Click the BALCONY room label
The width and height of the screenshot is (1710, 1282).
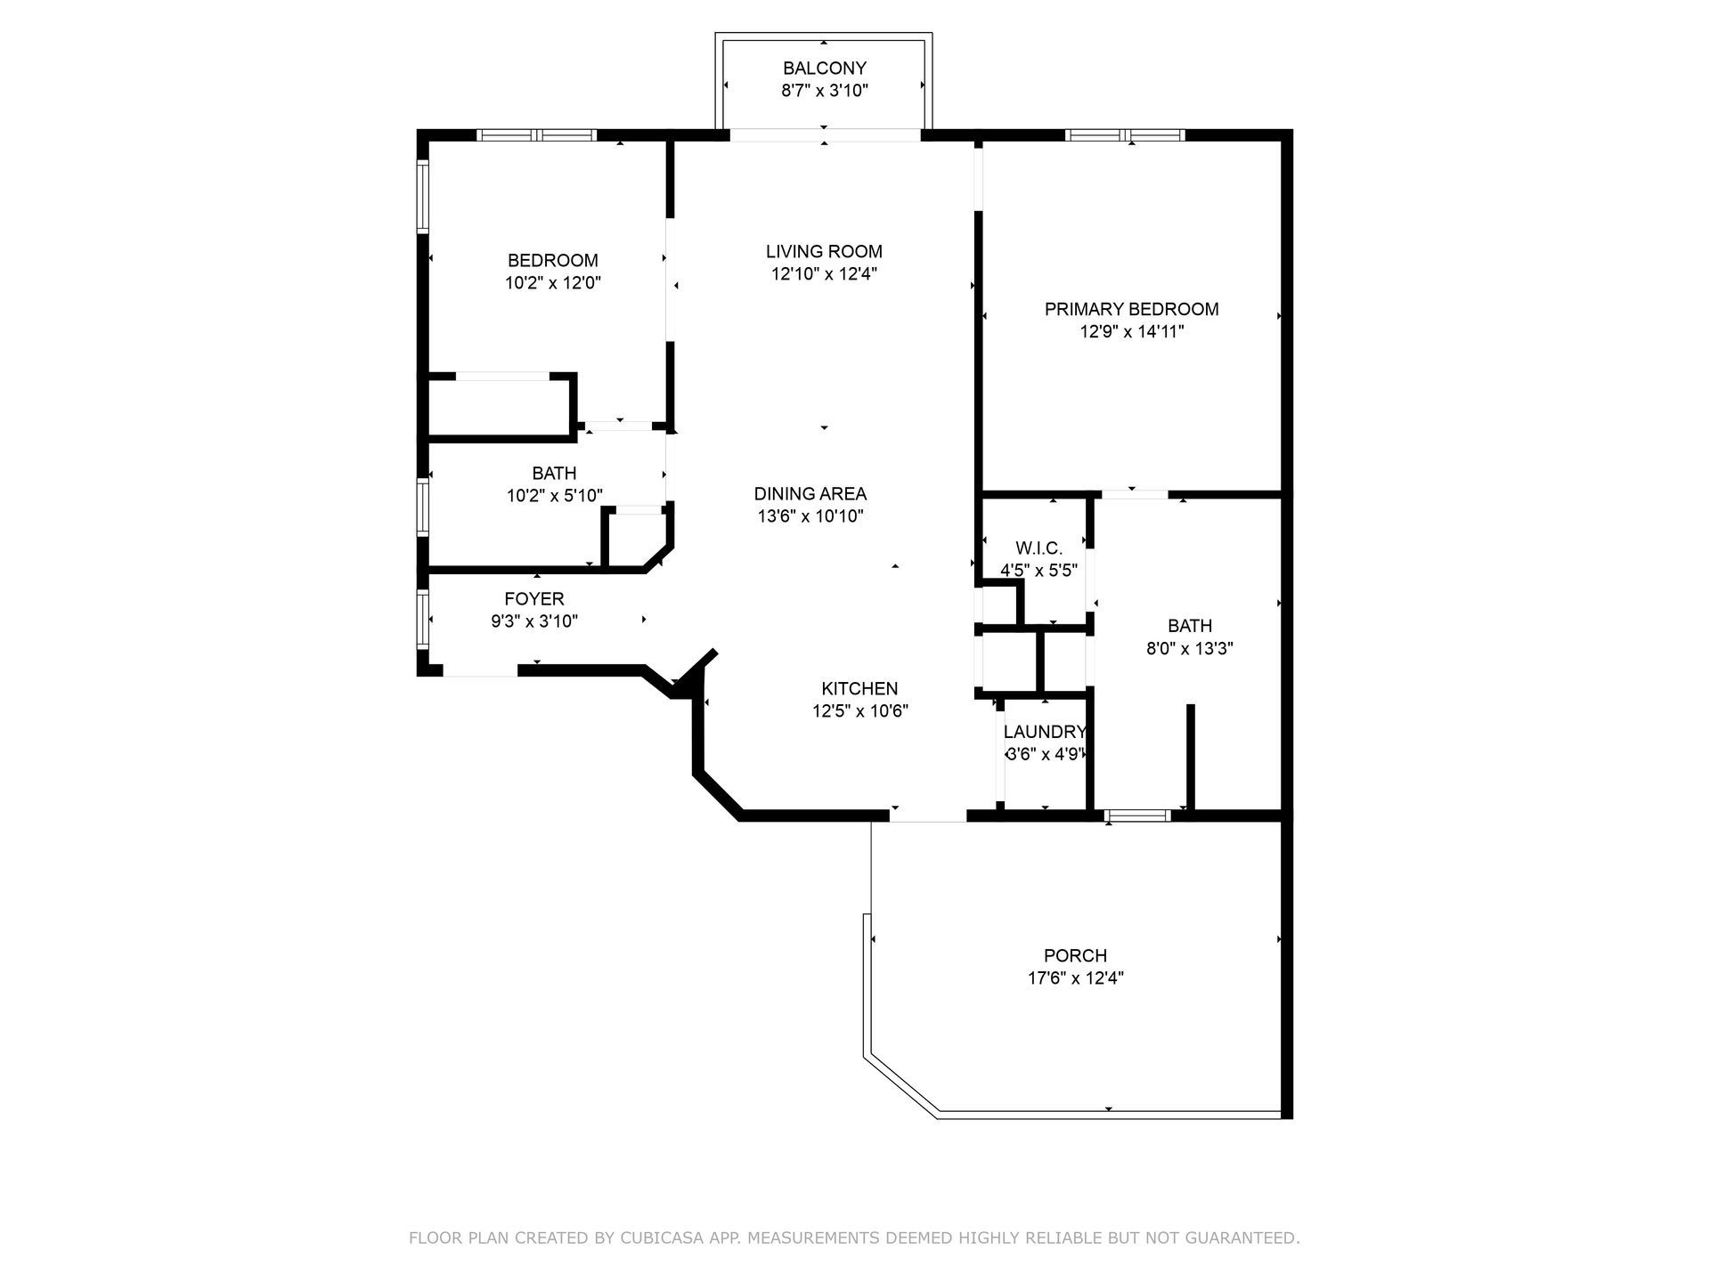(824, 68)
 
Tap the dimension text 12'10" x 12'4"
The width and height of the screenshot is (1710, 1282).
(824, 274)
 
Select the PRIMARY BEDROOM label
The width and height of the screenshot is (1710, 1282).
(1131, 309)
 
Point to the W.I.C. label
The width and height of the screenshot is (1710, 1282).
(1038, 548)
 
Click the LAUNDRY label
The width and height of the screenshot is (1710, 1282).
(1044, 732)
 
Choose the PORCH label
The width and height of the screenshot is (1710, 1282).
(1075, 955)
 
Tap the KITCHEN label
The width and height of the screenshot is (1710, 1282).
(859, 688)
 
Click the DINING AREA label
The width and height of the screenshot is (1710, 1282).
(810, 493)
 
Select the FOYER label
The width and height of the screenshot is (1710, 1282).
(534, 599)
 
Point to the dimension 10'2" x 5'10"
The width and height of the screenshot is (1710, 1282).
(554, 496)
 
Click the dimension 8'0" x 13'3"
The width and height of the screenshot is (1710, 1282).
(1189, 649)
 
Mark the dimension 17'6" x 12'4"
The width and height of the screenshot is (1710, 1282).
(1075, 978)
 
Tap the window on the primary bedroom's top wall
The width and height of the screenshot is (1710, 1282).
(1125, 135)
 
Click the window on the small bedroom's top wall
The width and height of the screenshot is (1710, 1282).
(536, 135)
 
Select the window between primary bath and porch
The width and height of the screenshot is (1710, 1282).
(1137, 815)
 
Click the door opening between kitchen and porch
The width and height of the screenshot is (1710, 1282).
(927, 815)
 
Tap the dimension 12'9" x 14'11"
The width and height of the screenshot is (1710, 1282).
(1131, 332)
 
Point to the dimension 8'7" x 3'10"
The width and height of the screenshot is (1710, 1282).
(824, 90)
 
